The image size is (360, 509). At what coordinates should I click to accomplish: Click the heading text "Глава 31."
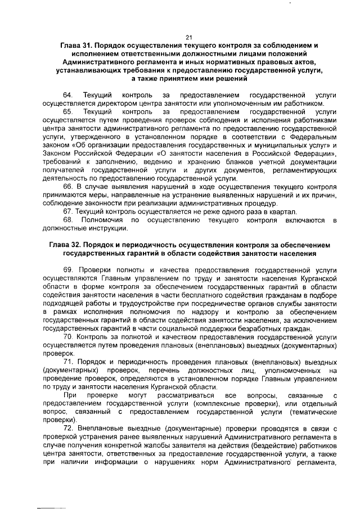78,44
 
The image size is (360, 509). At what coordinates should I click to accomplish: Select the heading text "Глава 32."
67,246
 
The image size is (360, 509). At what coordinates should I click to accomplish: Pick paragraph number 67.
67,211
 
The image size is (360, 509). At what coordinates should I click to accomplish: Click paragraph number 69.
67,270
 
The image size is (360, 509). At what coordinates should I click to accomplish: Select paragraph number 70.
67,337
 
